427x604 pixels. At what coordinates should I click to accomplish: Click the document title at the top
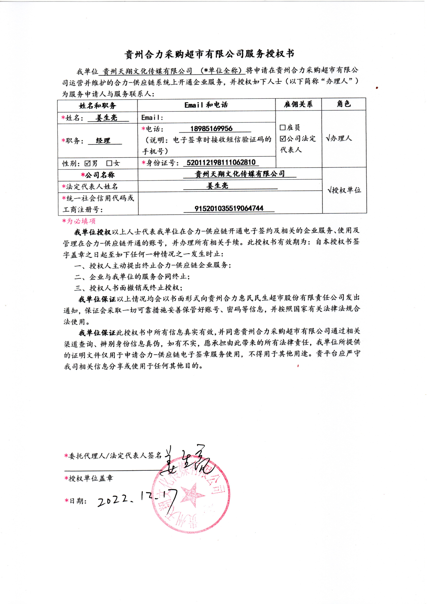click(x=209, y=54)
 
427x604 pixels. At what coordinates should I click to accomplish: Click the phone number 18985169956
click(x=211, y=129)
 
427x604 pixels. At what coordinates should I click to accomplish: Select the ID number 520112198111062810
click(x=221, y=162)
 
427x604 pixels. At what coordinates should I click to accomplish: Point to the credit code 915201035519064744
click(x=229, y=208)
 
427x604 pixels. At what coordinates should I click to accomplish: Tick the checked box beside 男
click(x=87, y=163)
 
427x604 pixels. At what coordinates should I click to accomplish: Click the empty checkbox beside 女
click(x=109, y=163)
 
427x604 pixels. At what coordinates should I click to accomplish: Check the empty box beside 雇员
click(x=283, y=128)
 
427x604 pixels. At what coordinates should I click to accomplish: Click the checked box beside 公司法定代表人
click(x=283, y=139)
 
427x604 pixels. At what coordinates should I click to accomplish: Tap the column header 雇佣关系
click(x=298, y=104)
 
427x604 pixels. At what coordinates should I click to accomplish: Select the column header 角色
click(x=344, y=104)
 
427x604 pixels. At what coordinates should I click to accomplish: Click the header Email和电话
click(x=206, y=105)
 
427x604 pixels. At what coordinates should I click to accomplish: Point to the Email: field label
click(x=152, y=118)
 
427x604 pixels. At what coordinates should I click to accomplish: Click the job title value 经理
click(x=103, y=141)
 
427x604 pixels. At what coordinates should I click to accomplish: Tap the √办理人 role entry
click(x=339, y=138)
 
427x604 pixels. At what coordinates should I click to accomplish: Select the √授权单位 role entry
click(x=344, y=190)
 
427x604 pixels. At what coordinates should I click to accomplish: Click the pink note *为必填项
click(x=79, y=221)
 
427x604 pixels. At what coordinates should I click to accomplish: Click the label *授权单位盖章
click(x=89, y=478)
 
